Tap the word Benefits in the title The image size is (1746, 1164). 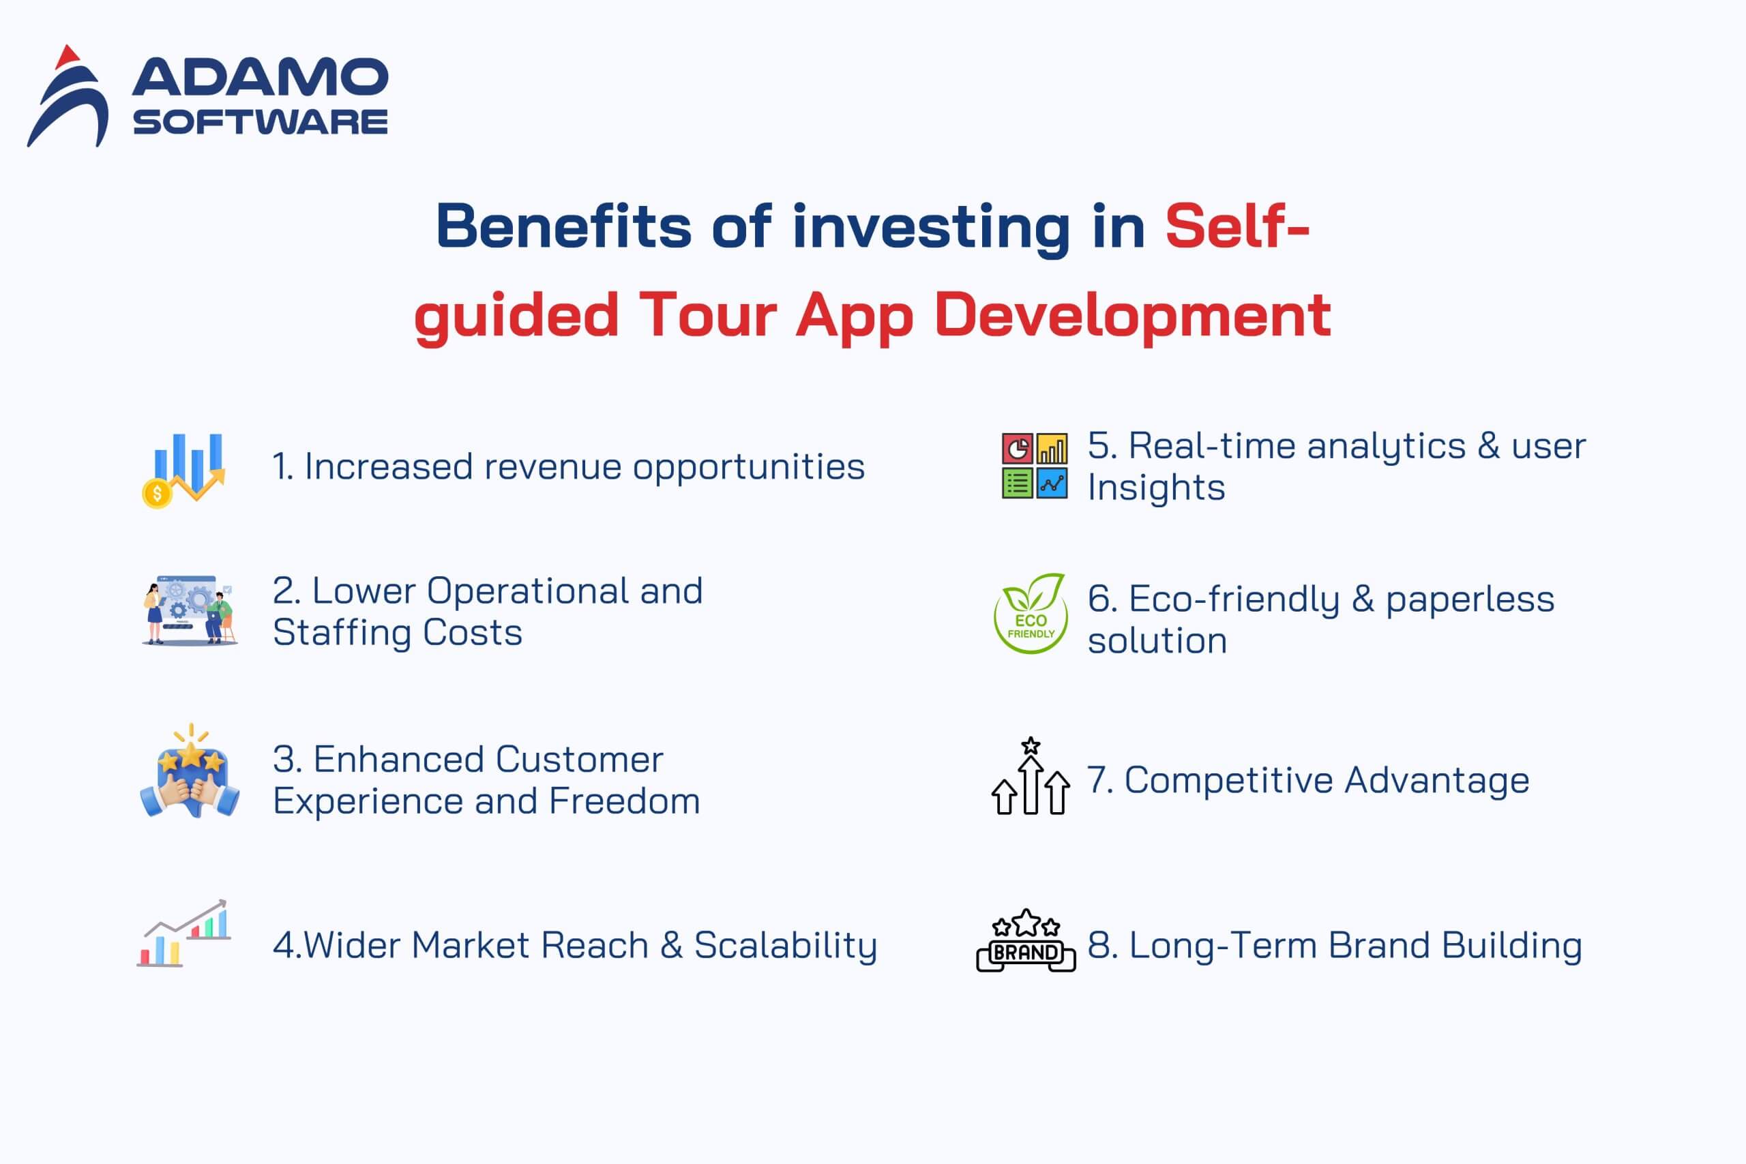click(563, 226)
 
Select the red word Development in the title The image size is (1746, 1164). click(1131, 316)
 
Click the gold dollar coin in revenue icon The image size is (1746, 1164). click(157, 494)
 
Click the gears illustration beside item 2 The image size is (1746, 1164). click(190, 610)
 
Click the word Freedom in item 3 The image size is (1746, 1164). click(624, 802)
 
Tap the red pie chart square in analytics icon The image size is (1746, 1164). click(1016, 449)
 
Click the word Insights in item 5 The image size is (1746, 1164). click(1156, 488)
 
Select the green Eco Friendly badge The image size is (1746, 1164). click(1031, 614)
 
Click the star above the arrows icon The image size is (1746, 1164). click(1031, 745)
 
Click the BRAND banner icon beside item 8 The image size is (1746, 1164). click(1026, 943)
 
